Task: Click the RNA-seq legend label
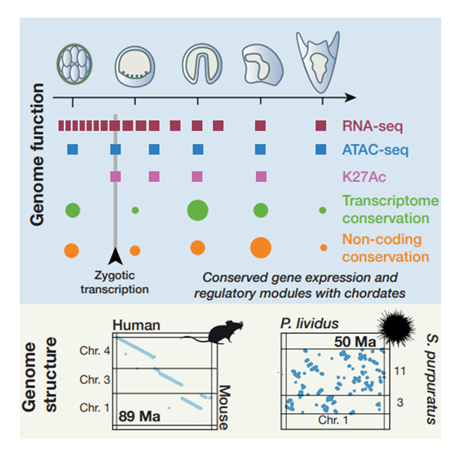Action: pos(373,126)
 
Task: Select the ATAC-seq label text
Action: pos(375,150)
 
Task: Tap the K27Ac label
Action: pos(364,177)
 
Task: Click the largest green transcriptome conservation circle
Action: pos(198,210)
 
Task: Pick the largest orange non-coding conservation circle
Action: pos(261,248)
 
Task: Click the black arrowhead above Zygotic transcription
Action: pos(116,256)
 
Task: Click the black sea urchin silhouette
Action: pos(396,326)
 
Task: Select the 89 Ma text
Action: pos(139,416)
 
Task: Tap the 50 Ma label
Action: pos(355,342)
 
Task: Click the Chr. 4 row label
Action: pos(95,351)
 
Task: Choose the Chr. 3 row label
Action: pos(95,379)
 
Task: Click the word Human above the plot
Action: pos(136,325)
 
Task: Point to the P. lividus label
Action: pos(310,324)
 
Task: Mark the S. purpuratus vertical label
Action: pos(431,379)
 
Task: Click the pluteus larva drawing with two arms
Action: pos(318,62)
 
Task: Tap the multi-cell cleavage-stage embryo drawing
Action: pos(75,64)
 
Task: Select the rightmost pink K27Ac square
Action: pos(261,177)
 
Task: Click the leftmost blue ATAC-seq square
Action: pos(72,150)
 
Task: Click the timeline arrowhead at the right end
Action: pos(351,98)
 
